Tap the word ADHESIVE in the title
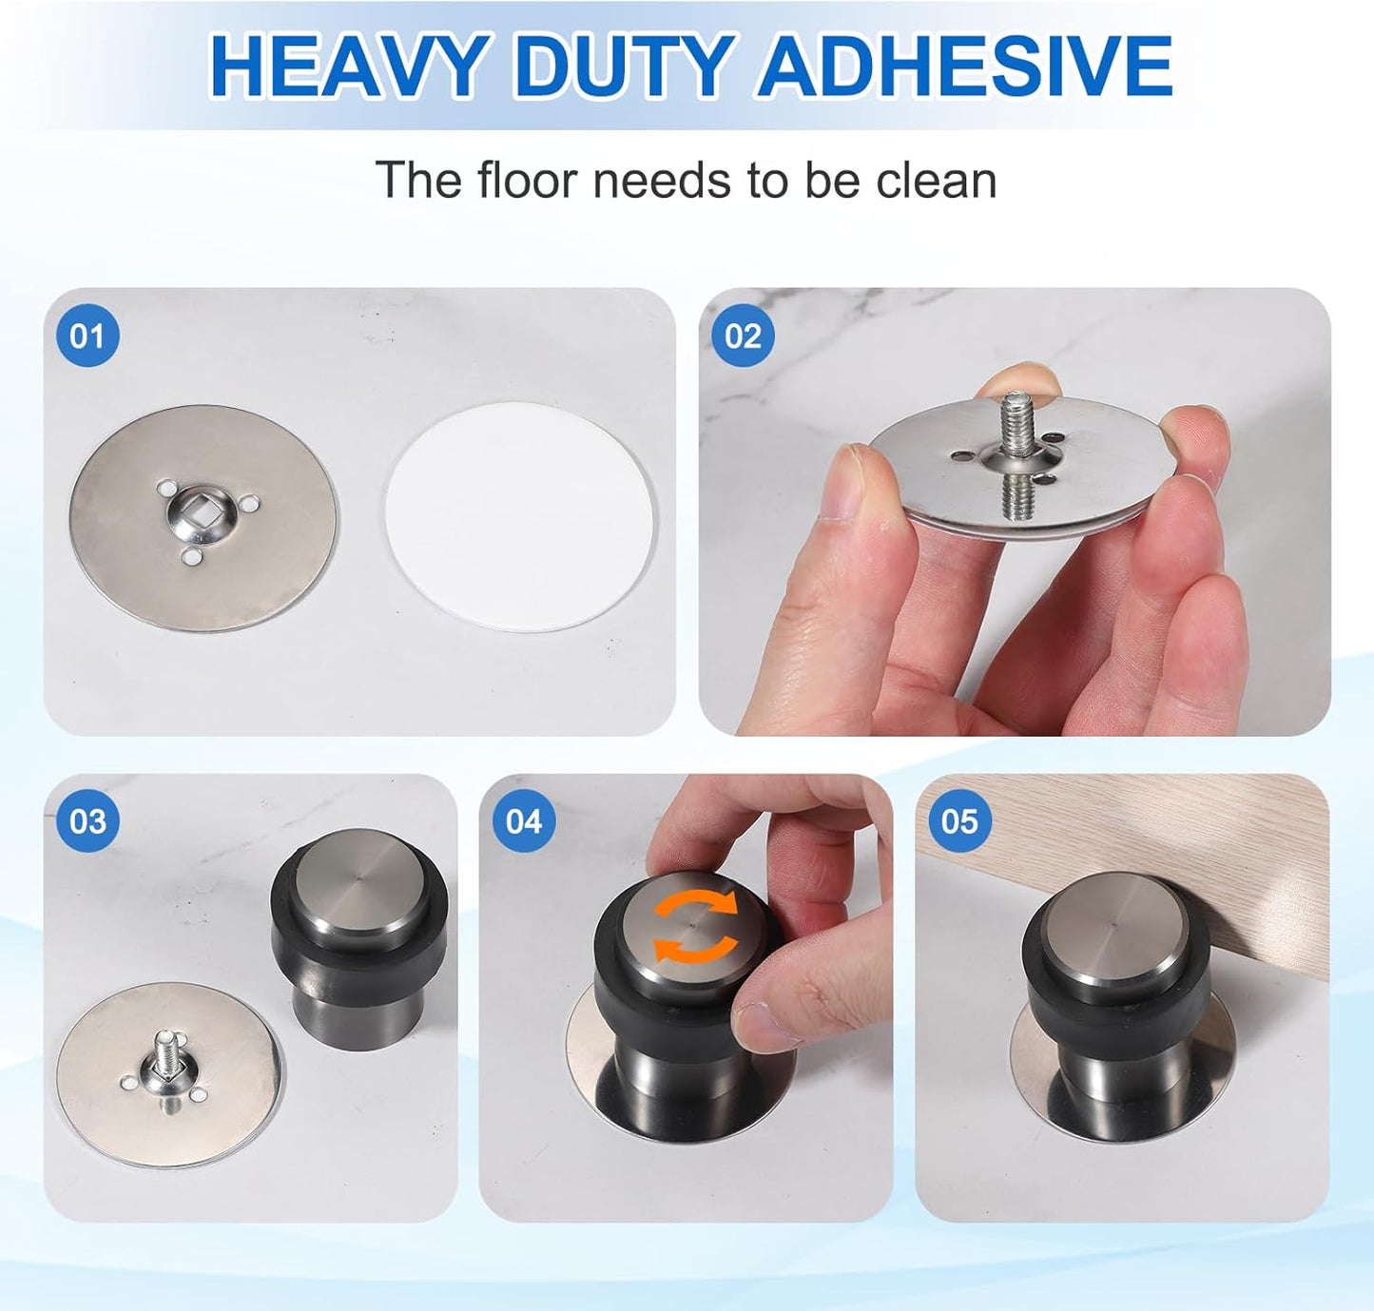[964, 67]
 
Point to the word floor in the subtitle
[527, 181]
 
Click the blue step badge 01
[87, 336]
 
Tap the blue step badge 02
[743, 336]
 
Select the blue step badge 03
[87, 821]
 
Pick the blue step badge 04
[524, 821]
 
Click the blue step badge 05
[959, 821]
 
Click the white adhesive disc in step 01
[520, 516]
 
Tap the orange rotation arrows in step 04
[695, 926]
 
